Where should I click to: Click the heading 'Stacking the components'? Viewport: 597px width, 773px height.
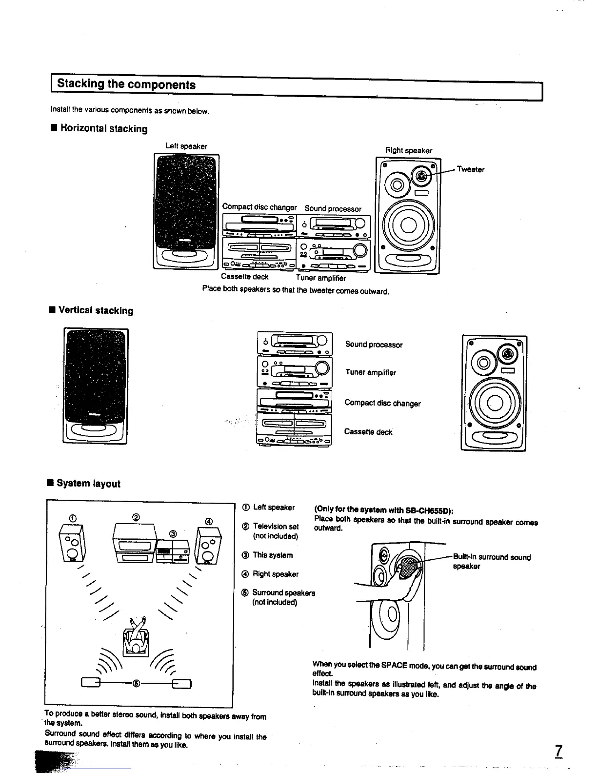point(126,84)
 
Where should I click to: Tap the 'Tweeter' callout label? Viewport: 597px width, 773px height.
point(470,170)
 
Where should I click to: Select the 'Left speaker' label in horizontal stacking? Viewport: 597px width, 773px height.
point(186,146)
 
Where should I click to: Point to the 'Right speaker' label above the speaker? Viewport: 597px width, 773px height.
point(408,151)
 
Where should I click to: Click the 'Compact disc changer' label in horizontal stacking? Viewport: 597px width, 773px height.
point(259,206)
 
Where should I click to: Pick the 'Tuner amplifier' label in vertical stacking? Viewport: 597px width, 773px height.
point(371,372)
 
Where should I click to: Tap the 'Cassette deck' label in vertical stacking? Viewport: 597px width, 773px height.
point(368,432)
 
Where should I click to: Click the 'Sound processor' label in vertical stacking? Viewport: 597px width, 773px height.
point(374,345)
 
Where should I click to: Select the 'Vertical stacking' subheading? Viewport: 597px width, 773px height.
point(96,311)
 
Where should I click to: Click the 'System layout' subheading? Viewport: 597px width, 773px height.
point(88,484)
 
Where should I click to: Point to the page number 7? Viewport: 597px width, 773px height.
point(558,750)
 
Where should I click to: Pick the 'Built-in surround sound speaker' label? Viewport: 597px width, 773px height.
point(491,561)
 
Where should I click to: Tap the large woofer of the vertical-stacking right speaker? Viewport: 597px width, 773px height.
point(494,403)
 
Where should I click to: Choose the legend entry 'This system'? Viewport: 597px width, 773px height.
point(272,555)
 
